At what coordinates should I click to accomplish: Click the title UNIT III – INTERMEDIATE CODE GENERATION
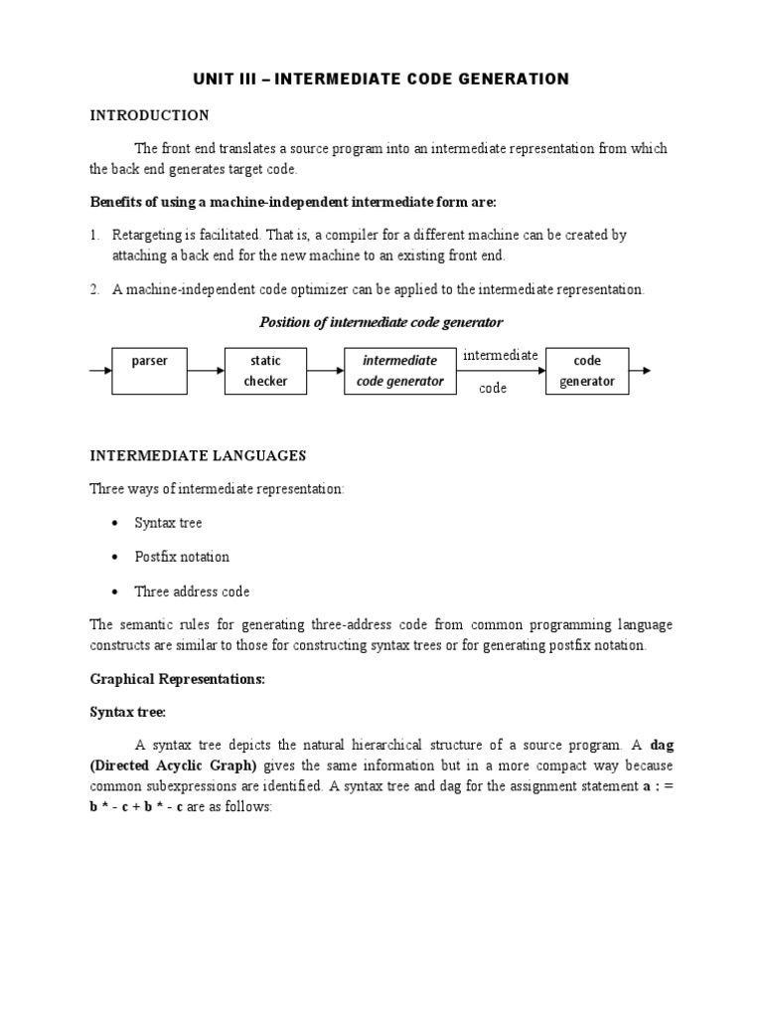pyautogui.click(x=381, y=80)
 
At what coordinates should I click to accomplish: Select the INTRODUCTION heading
pyautogui.click(x=149, y=115)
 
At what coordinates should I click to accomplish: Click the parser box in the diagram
pyautogui.click(x=149, y=370)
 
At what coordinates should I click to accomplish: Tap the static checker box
pyautogui.click(x=265, y=370)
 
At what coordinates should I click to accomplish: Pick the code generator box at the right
pyautogui.click(x=586, y=371)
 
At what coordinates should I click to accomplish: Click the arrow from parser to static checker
pyautogui.click(x=207, y=371)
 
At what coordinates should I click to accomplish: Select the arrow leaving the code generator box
pyautogui.click(x=640, y=371)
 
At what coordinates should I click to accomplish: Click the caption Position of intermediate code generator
pyautogui.click(x=381, y=322)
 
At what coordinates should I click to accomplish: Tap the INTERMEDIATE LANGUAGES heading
pyautogui.click(x=199, y=456)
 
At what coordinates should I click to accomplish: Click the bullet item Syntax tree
pyautogui.click(x=168, y=523)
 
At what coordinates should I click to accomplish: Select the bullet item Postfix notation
pyautogui.click(x=182, y=557)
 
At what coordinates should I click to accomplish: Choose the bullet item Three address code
pyautogui.click(x=192, y=592)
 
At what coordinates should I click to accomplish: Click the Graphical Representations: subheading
pyautogui.click(x=178, y=680)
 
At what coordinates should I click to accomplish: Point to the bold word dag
pyautogui.click(x=661, y=745)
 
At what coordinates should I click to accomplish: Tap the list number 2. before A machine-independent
pyautogui.click(x=95, y=289)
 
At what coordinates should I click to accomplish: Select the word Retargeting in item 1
pyautogui.click(x=147, y=235)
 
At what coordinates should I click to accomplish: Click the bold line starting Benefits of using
pyautogui.click(x=293, y=202)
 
